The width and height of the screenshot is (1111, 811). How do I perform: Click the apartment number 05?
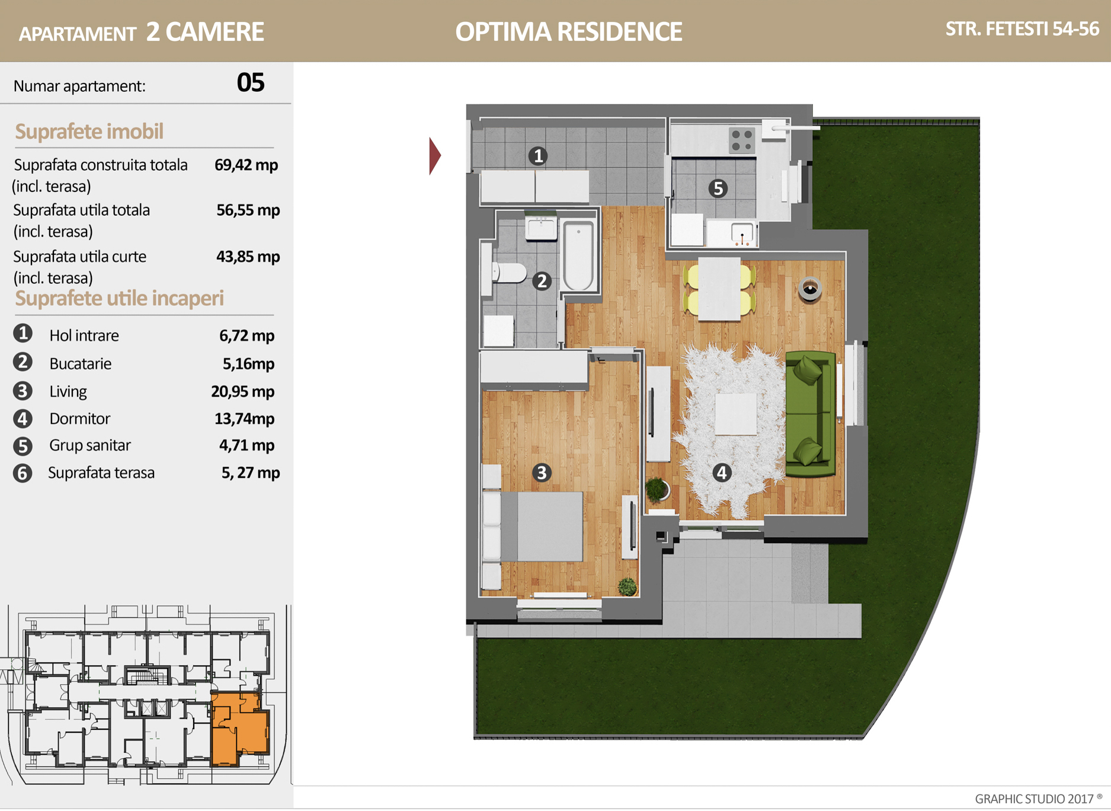pos(250,82)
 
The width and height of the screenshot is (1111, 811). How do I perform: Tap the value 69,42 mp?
pos(246,165)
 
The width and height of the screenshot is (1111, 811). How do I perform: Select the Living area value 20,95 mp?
pos(242,391)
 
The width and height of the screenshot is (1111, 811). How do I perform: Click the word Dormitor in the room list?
pos(79,419)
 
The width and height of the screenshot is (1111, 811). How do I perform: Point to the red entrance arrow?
pos(435,156)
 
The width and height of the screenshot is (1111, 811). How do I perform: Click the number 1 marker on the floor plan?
pos(538,156)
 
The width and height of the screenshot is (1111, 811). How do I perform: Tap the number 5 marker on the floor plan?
pos(718,189)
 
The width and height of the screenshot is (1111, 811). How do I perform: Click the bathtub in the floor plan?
pos(578,256)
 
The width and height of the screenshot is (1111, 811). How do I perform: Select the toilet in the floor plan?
pos(508,273)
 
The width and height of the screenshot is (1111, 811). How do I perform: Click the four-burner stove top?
pos(741,141)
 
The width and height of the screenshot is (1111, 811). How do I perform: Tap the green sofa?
pos(810,414)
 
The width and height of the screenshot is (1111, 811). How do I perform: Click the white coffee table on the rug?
pos(735,414)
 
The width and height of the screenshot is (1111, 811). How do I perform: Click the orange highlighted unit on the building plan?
pos(239,729)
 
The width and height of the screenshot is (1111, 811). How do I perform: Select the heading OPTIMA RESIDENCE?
pos(569,32)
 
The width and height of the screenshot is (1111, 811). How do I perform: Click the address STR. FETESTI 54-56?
pos(1022,29)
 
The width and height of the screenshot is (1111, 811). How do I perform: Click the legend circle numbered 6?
pos(23,473)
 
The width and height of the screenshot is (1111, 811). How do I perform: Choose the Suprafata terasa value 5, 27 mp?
pos(251,473)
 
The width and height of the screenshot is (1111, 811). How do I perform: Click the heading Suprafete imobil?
pos(89,132)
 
